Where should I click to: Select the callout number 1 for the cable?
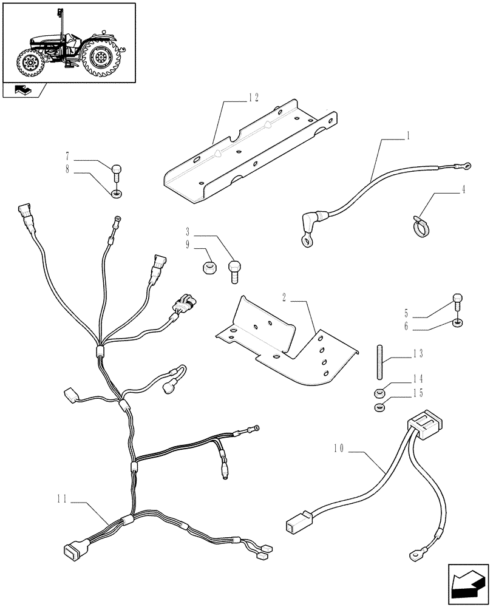(x=409, y=137)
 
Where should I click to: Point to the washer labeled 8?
(x=115, y=194)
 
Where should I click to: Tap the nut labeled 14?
(x=379, y=393)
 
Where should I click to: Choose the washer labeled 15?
(x=379, y=408)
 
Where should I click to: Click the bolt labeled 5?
(x=457, y=300)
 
